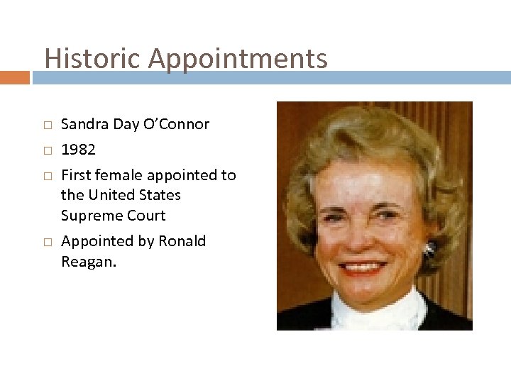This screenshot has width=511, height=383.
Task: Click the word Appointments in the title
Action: (238, 58)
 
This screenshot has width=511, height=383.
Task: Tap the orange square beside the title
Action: (14, 77)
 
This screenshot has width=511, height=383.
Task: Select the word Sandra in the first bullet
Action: (84, 124)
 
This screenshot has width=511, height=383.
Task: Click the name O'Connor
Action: (175, 124)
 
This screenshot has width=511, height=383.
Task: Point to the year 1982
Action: (78, 150)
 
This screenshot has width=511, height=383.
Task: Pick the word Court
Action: (145, 216)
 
